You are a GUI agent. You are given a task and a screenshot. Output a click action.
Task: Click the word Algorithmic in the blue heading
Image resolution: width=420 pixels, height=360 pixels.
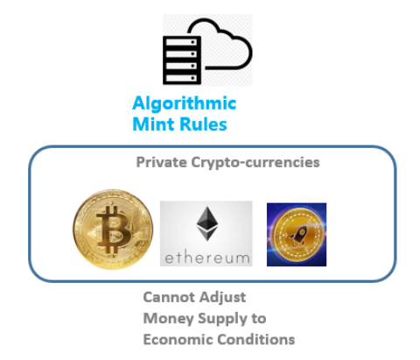[185, 103]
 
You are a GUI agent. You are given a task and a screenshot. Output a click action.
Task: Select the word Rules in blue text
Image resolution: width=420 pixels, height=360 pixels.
[203, 124]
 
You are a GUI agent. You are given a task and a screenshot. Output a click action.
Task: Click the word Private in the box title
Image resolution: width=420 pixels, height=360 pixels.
[162, 162]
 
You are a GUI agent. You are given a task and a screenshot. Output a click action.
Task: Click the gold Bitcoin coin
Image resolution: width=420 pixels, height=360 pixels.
[113, 229]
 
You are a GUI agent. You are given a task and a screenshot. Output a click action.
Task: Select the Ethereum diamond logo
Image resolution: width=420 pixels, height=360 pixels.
[207, 223]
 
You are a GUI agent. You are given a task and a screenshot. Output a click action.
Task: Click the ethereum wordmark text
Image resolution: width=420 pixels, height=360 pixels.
[207, 258]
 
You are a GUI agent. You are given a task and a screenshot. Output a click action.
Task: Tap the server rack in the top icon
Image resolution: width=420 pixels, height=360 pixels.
[182, 60]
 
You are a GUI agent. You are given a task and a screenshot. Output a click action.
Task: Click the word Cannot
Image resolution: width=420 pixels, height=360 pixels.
[169, 297]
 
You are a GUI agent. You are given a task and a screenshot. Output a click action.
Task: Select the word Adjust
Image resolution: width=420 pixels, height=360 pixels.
[223, 298]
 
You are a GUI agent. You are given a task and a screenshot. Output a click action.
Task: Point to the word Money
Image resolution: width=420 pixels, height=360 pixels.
[169, 319]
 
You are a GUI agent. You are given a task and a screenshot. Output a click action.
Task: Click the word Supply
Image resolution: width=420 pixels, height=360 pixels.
[222, 319]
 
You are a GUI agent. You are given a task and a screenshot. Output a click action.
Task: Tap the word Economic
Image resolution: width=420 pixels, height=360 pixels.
[178, 340]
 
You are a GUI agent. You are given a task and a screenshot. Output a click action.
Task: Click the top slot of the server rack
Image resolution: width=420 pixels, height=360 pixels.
[181, 43]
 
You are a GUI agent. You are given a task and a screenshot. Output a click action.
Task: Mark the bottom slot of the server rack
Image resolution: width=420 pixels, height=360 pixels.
[181, 78]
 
